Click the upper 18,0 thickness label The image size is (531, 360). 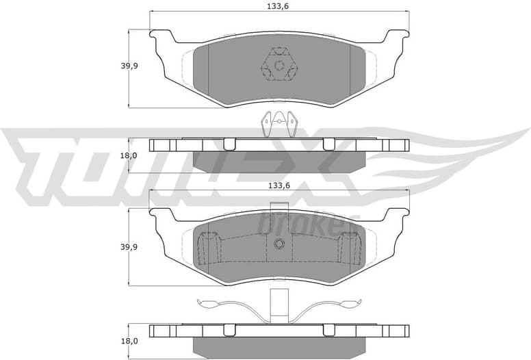[x=129, y=155]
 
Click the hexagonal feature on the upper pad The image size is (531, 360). [x=279, y=66]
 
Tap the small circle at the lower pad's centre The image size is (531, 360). [x=279, y=245]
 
